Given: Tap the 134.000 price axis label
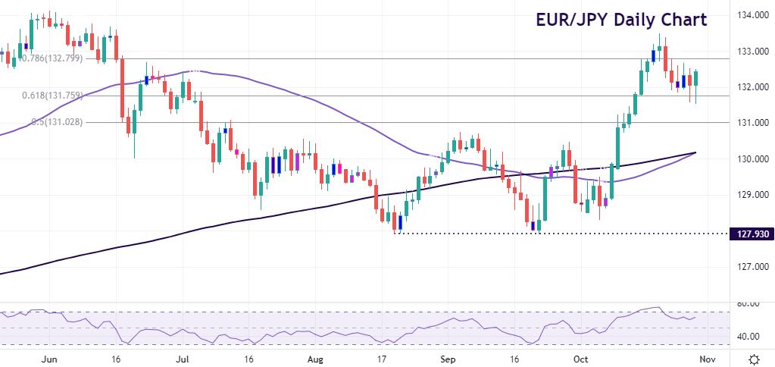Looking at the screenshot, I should tap(750, 15).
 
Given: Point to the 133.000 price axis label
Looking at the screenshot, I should tap(750, 51).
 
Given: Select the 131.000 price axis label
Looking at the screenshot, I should tap(750, 123).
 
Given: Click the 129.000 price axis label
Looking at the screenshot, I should tap(750, 195).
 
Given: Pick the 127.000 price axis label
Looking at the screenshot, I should tap(750, 267).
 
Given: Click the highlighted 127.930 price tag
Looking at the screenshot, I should tap(750, 234).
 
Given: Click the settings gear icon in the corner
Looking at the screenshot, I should tap(754, 359).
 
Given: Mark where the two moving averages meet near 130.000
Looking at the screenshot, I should tap(694, 153).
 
